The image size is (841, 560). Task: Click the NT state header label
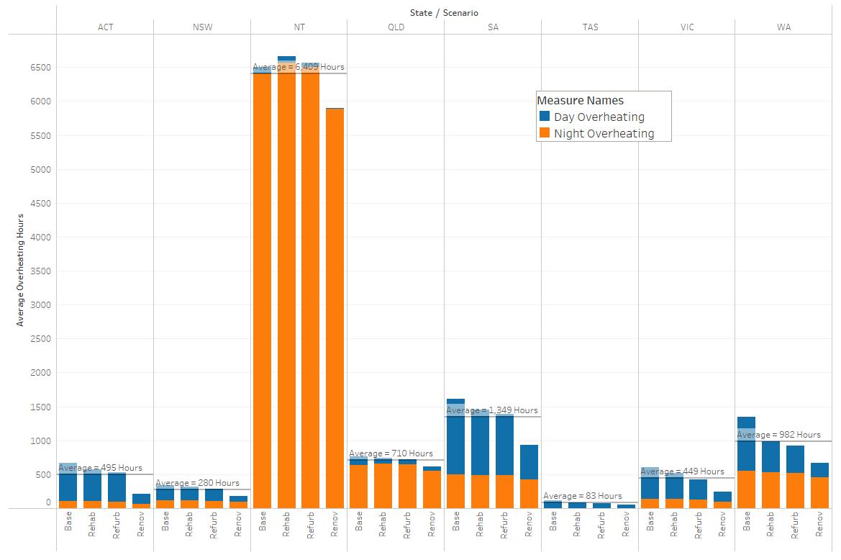point(299,27)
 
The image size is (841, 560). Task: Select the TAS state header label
point(590,27)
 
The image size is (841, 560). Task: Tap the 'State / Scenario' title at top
point(444,13)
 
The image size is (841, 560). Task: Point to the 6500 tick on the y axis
point(41,68)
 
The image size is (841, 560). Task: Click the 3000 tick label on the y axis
point(41,304)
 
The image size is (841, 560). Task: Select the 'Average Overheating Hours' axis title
point(20,270)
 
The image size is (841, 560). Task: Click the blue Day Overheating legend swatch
point(545,116)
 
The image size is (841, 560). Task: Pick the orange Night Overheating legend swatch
point(545,132)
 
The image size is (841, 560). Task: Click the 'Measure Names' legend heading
point(581,100)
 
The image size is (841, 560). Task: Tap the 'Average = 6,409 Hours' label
point(299,67)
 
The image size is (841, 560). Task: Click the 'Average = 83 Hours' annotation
point(583,496)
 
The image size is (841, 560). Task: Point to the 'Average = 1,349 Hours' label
point(492,410)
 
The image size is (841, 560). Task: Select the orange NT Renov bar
point(335,308)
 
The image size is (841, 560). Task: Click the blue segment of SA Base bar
point(455,437)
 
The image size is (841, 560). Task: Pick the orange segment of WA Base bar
point(746,489)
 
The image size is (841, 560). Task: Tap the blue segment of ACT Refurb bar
point(117,487)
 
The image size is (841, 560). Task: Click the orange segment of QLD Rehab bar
point(383,485)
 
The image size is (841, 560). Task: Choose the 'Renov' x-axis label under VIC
point(722,524)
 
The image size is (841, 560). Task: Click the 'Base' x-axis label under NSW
point(165,521)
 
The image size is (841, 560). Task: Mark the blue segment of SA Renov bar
point(529,462)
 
